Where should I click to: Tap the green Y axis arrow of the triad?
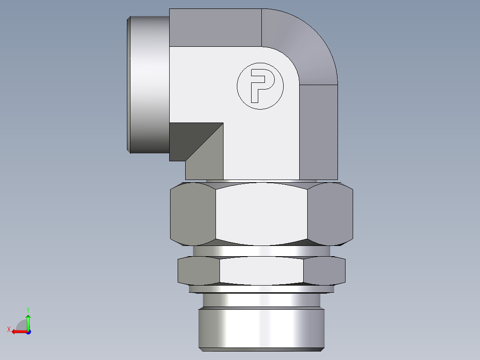pos(28,320)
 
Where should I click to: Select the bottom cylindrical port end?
pos(261,327)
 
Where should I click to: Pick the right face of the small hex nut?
pos(324,270)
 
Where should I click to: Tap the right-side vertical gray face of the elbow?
pos(318,131)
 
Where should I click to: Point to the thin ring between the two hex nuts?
pos(261,251)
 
